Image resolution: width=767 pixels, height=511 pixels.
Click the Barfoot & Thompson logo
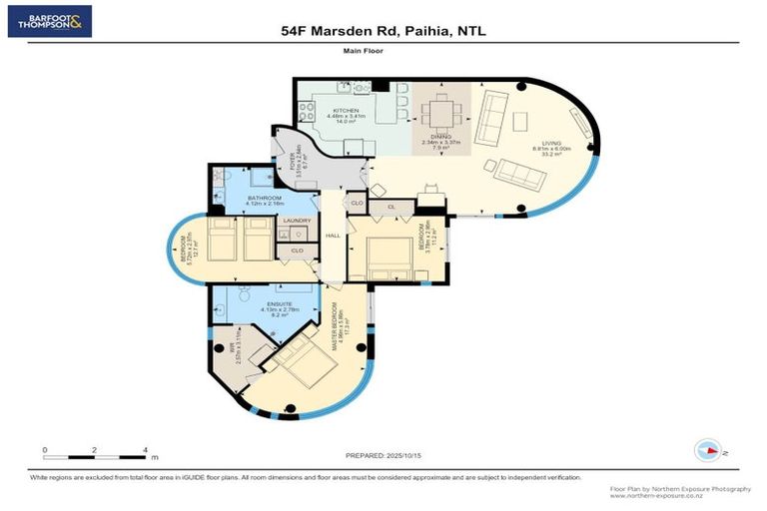[50, 21]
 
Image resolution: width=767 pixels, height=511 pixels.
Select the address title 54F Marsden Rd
[383, 32]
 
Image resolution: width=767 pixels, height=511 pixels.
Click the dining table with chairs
[440, 105]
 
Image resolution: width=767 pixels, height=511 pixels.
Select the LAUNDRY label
[298, 221]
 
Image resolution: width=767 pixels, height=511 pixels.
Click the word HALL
[333, 236]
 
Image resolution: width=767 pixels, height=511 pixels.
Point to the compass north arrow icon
[707, 450]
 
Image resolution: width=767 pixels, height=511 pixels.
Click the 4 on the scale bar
[146, 450]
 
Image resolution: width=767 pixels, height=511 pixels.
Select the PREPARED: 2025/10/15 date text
[384, 455]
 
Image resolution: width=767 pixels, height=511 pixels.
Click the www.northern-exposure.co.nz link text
[652, 496]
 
